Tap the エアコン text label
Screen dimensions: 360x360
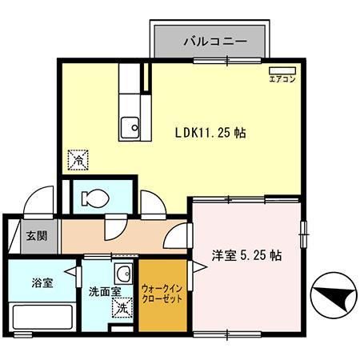point(282,79)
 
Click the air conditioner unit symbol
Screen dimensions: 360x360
point(282,70)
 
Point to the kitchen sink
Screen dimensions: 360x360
point(130,126)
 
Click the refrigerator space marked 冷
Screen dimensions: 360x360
point(80,160)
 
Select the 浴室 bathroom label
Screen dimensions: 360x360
point(42,283)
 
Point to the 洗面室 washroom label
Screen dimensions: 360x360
point(104,293)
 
